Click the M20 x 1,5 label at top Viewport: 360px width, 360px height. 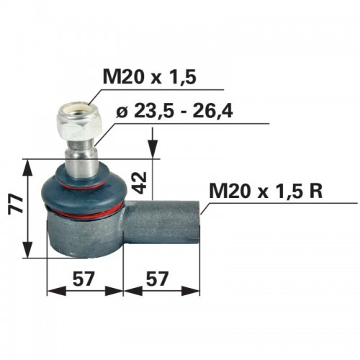point(150,76)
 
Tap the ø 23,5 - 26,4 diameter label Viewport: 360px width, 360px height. point(174,111)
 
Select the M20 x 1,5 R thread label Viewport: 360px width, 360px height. point(266,191)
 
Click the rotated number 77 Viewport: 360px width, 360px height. point(16,204)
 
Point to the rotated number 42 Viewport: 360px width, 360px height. point(140,183)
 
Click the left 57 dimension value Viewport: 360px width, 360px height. point(83,279)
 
